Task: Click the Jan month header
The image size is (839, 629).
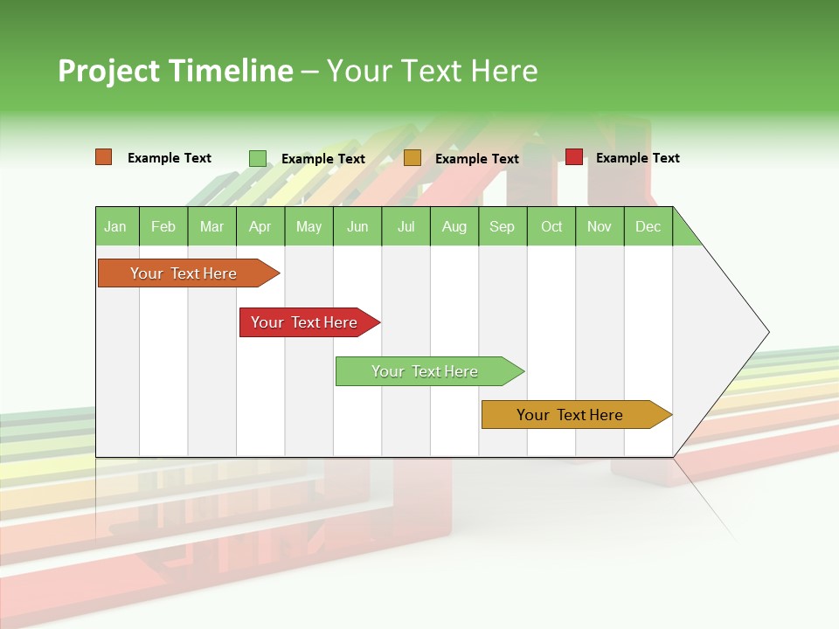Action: click(116, 226)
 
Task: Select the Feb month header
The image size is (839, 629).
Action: click(163, 226)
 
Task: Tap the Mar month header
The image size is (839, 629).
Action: click(211, 226)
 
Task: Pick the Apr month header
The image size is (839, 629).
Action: click(260, 226)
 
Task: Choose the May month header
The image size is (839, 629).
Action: click(309, 226)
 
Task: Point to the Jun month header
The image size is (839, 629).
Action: click(357, 226)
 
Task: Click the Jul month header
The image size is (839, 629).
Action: click(406, 226)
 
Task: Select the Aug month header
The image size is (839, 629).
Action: click(454, 226)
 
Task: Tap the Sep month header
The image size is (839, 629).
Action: click(503, 226)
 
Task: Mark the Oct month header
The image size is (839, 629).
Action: click(551, 226)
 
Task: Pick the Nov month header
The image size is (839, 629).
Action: click(600, 226)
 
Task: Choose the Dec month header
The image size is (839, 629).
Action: click(648, 226)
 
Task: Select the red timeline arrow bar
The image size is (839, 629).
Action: click(306, 322)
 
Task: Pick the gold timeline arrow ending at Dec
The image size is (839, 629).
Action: click(572, 415)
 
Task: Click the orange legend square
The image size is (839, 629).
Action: click(104, 157)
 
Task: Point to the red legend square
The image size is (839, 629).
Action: click(574, 157)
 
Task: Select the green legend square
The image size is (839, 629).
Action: click(258, 158)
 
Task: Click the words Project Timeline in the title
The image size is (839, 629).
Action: click(176, 71)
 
